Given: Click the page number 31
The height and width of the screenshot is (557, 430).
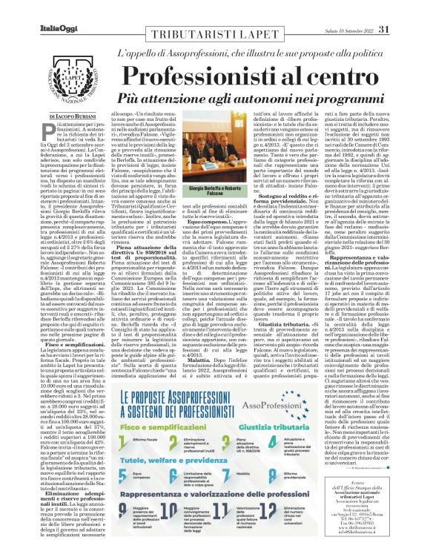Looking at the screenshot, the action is coord(406,9).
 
